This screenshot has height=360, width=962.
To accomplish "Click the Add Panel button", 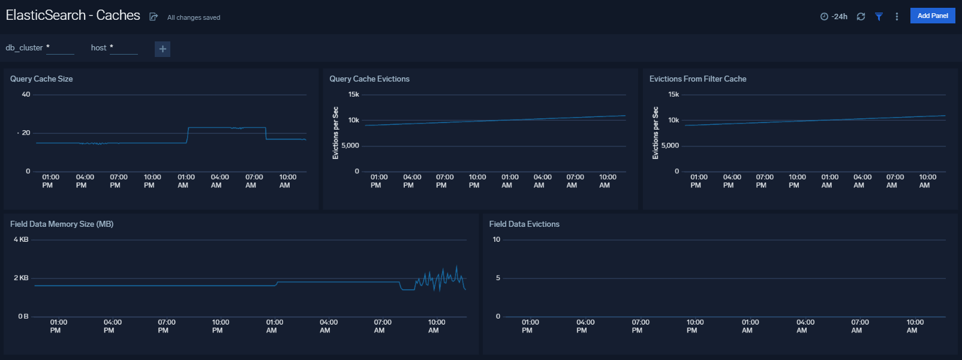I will click(x=932, y=16).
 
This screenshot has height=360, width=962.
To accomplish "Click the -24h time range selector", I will click(x=834, y=17).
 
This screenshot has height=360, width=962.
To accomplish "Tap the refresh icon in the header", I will click(x=861, y=17).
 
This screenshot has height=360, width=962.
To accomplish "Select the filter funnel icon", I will click(x=879, y=17).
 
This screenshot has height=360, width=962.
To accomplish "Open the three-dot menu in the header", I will click(x=897, y=17).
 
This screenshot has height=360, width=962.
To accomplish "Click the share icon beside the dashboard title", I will click(x=154, y=17).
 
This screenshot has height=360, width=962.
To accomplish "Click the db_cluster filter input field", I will click(x=60, y=49).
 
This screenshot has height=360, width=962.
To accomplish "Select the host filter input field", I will click(x=124, y=49).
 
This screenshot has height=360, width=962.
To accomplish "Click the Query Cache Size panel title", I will click(x=41, y=79).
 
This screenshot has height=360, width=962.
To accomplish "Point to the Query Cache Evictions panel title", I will click(x=369, y=79).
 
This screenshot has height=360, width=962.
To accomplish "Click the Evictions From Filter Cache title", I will click(x=698, y=79).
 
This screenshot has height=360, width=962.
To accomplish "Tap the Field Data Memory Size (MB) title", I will click(x=62, y=224).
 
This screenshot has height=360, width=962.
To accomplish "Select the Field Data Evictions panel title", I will click(x=524, y=224).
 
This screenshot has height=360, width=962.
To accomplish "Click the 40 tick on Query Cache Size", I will click(x=26, y=94).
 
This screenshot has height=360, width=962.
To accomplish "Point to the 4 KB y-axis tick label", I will click(x=21, y=239).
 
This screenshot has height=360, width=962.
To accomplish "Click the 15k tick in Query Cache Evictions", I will click(x=354, y=94).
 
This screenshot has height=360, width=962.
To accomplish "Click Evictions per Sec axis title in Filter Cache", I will click(x=656, y=133).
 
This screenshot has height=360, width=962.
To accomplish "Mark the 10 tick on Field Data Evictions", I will click(x=497, y=239).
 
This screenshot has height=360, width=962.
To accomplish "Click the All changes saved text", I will click(x=194, y=17).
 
